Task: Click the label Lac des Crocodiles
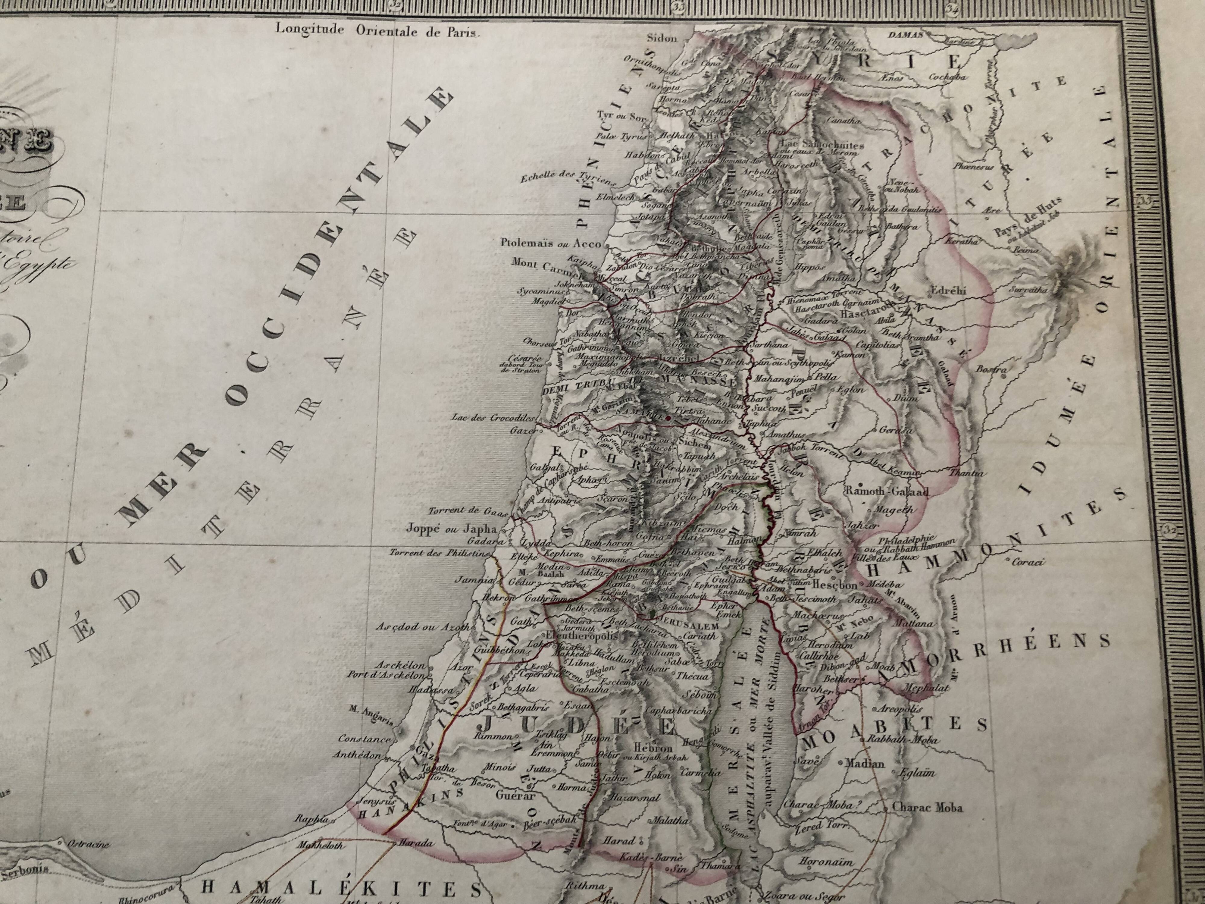[x=493, y=418]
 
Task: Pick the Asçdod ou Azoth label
[x=422, y=627]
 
